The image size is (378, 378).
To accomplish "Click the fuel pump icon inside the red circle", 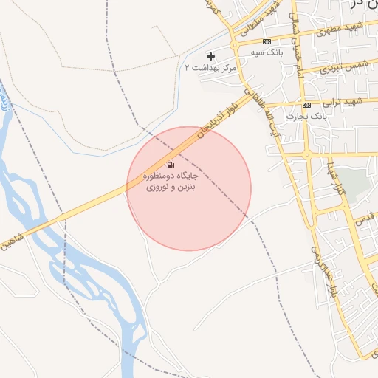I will pyautogui.click(x=171, y=165).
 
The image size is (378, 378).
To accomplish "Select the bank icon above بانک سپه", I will pyautogui.click(x=267, y=41).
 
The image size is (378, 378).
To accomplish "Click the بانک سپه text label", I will pyautogui.click(x=267, y=53).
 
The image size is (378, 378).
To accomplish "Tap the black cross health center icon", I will pyautogui.click(x=211, y=56).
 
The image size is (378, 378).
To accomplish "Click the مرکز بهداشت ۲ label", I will pyautogui.click(x=208, y=67).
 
